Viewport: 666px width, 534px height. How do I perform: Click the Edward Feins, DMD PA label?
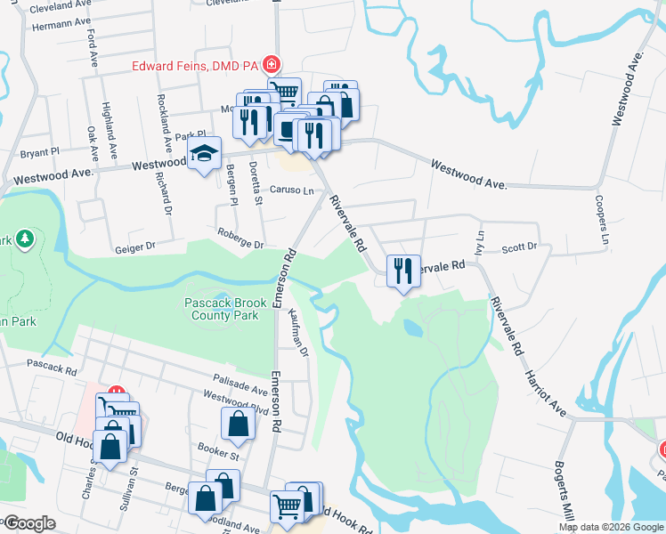[x=195, y=65]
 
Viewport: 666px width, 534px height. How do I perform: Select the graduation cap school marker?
[x=204, y=155]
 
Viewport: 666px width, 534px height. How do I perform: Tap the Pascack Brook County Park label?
[x=221, y=309]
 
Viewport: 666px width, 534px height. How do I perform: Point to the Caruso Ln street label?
[x=292, y=190]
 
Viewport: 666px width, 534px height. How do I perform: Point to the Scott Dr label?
[x=520, y=247]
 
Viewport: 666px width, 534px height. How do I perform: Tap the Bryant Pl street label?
[x=39, y=152]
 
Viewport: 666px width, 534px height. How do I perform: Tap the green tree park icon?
[x=25, y=239]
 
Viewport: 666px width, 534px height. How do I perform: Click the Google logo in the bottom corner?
[x=29, y=524]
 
